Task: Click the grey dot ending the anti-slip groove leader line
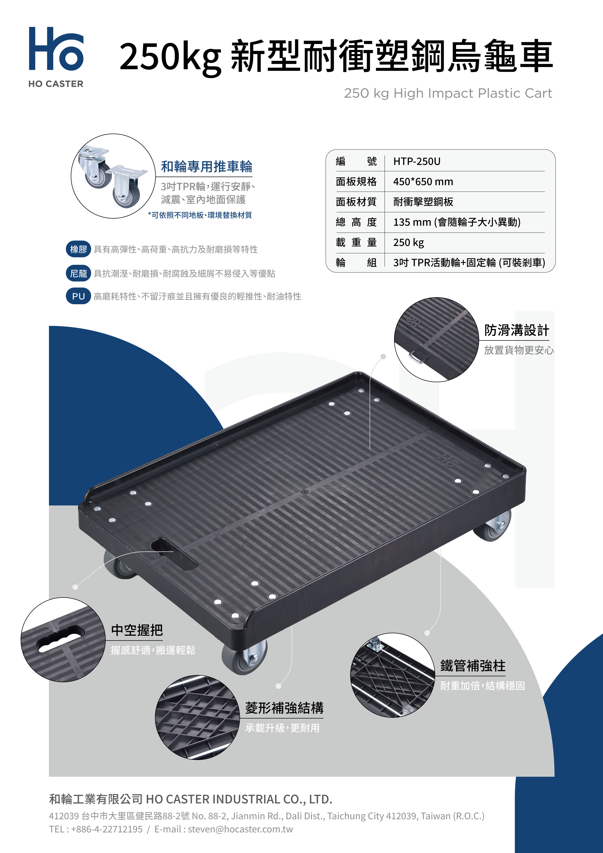384,357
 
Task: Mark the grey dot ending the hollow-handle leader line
75,587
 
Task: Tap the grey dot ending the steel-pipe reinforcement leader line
427,633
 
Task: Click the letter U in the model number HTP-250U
437,162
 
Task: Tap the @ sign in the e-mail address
218,829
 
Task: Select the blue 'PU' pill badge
78,296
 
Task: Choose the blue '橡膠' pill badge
78,249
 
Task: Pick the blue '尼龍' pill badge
78,273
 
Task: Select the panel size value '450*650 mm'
423,182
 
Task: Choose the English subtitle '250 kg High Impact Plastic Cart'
448,93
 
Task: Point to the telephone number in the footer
107,829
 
